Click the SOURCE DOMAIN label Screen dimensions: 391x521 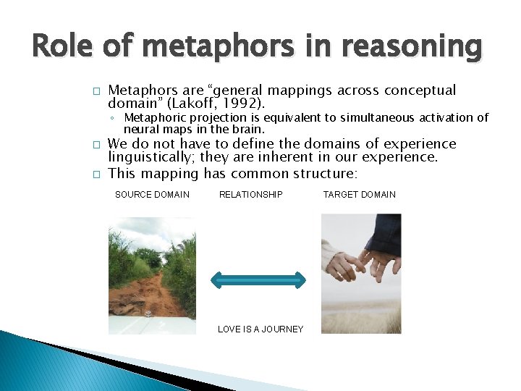[x=152, y=195]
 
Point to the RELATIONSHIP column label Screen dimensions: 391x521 [x=250, y=195]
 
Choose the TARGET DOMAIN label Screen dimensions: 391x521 [x=359, y=195]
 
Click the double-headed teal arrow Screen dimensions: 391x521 [x=258, y=279]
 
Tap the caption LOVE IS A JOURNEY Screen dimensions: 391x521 [x=260, y=329]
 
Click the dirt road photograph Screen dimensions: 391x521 [x=152, y=275]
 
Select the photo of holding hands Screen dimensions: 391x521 [x=360, y=273]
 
